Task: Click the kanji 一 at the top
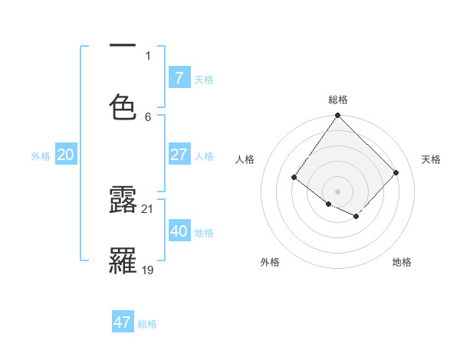123,47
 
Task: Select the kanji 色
123,107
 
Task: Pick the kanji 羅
123,260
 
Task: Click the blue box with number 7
179,78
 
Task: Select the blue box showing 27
179,155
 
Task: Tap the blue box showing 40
179,231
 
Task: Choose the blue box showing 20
65,155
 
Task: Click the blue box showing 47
122,322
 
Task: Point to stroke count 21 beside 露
148,208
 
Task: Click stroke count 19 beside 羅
148,270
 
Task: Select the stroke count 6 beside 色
148,116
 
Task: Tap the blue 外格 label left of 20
41,156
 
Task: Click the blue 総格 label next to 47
147,324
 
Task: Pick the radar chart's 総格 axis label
338,100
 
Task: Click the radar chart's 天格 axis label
432,159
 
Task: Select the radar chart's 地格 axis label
402,262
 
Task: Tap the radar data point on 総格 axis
337,116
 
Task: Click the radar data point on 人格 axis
294,178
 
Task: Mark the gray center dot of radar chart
337,191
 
